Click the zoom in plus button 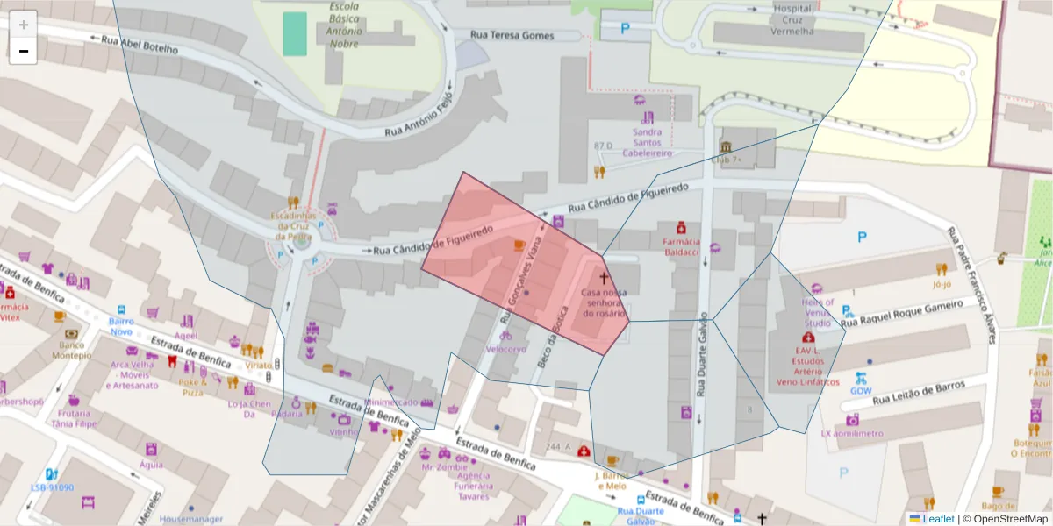(24, 25)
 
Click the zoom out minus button (24, 51)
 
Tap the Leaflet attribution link (938, 518)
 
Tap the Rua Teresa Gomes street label (512, 35)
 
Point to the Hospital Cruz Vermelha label (792, 19)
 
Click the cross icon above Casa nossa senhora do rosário (603, 277)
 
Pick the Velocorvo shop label (506, 348)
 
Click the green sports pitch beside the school (295, 33)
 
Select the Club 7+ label (726, 160)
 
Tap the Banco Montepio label (71, 350)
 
